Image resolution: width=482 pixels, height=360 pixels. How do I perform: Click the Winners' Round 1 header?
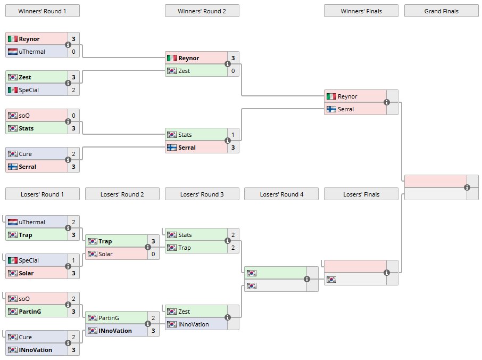tap(42, 11)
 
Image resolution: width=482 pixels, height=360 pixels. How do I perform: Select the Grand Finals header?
tap(441, 11)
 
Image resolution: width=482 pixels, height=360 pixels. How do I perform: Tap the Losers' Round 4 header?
tap(281, 194)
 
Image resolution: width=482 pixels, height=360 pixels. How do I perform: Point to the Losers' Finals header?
tap(361, 194)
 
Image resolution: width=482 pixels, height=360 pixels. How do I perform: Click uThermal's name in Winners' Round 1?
tap(32, 52)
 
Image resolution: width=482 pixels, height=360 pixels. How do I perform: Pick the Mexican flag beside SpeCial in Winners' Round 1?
tap(12, 90)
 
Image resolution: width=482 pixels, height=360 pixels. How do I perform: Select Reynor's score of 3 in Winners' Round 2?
tap(233, 58)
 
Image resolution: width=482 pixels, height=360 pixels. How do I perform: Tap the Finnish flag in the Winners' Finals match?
tap(331, 109)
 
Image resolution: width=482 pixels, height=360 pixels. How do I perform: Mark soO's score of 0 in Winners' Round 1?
tap(73, 116)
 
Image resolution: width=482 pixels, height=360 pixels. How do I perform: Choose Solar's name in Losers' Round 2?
tap(106, 254)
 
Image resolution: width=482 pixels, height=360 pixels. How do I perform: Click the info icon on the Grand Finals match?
tap(467, 187)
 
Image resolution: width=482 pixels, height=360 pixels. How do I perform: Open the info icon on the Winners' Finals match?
tap(387, 103)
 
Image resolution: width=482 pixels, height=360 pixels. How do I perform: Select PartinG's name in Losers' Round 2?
tap(109, 318)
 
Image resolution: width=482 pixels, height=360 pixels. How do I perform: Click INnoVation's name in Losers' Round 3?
tap(194, 324)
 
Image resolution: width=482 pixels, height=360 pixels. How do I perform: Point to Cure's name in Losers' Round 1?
tap(26, 337)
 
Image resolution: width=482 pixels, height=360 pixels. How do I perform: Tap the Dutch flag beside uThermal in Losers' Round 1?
tap(12, 222)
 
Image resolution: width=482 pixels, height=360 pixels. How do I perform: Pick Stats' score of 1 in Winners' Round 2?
tap(233, 135)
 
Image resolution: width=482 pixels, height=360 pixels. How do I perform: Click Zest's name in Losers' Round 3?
tap(184, 312)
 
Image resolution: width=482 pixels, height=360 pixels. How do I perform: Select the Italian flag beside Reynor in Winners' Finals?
tap(331, 96)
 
